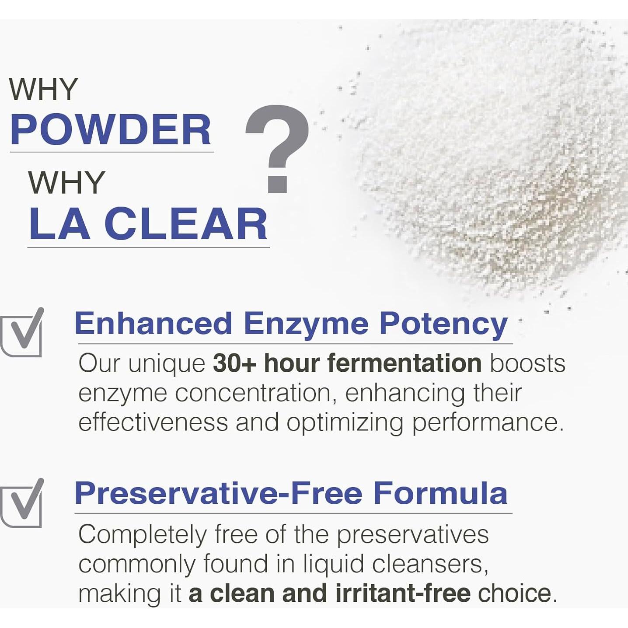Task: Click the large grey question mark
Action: click(x=277, y=148)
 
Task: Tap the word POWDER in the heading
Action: click(x=111, y=129)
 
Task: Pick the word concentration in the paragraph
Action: click(x=253, y=393)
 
